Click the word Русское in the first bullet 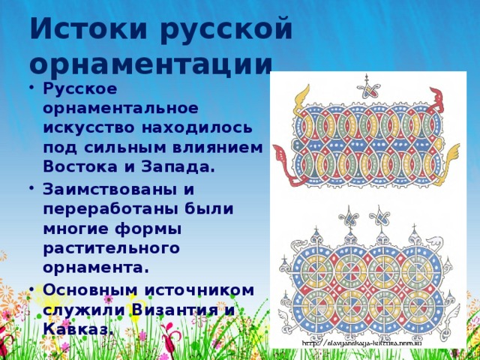pos(79,89)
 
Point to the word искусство pos(85,128)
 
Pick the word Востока pos(77,167)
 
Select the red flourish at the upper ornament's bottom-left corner pos(283,158)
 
